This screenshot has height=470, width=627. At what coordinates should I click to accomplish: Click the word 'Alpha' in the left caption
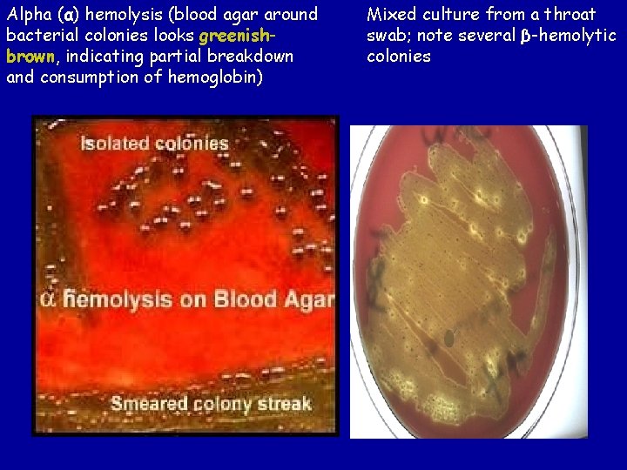(25, 15)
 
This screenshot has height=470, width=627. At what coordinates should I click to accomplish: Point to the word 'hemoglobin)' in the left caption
(220, 77)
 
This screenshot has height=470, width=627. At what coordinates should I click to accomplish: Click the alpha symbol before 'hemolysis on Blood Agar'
(50, 299)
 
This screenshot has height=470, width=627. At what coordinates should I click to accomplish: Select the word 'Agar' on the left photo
(309, 300)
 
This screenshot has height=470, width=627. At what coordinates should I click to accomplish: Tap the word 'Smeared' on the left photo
(150, 404)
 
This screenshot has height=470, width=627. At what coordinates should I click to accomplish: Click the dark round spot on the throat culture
(450, 337)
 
